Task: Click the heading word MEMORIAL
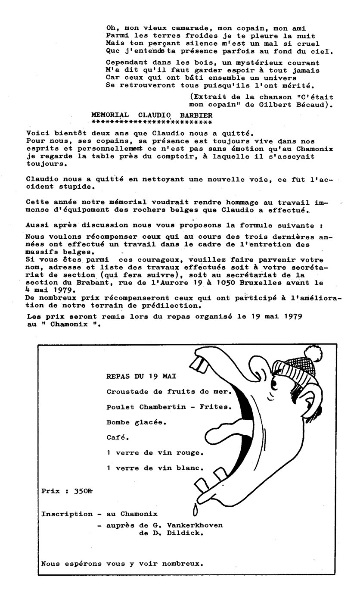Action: click(110, 115)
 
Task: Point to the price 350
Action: click(81, 490)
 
